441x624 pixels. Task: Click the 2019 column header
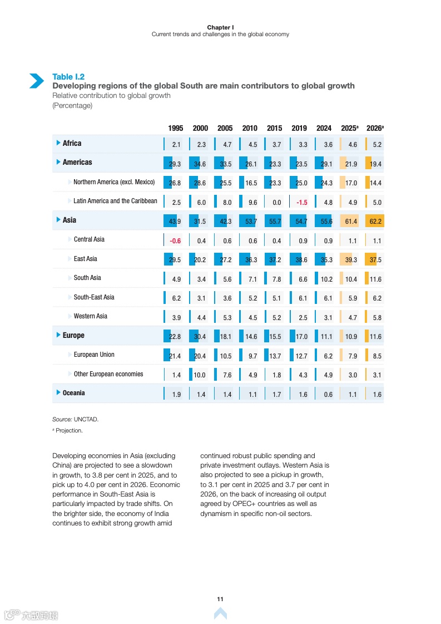(x=299, y=128)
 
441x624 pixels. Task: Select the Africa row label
(x=72, y=143)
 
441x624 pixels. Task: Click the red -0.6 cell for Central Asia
(x=175, y=241)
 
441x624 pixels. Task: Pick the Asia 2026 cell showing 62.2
(x=375, y=222)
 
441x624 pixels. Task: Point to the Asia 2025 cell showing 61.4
(x=351, y=222)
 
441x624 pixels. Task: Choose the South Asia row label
(x=87, y=278)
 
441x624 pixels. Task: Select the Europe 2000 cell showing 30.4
(x=200, y=337)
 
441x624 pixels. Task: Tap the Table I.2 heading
(x=68, y=77)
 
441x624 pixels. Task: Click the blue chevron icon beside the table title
(x=37, y=81)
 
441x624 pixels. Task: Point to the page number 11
(x=220, y=599)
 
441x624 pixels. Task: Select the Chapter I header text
(x=220, y=27)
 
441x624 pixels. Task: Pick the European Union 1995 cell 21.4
(x=175, y=356)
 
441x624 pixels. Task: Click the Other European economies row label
(x=108, y=374)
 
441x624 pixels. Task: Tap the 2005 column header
(x=225, y=128)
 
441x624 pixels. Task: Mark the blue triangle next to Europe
(x=58, y=335)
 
